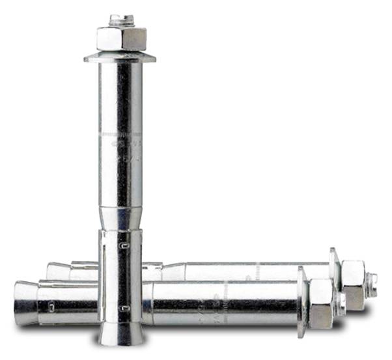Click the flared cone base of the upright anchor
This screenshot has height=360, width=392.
(120, 333)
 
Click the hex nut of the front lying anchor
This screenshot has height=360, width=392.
(321, 305)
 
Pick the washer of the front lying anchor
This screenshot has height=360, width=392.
(301, 301)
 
